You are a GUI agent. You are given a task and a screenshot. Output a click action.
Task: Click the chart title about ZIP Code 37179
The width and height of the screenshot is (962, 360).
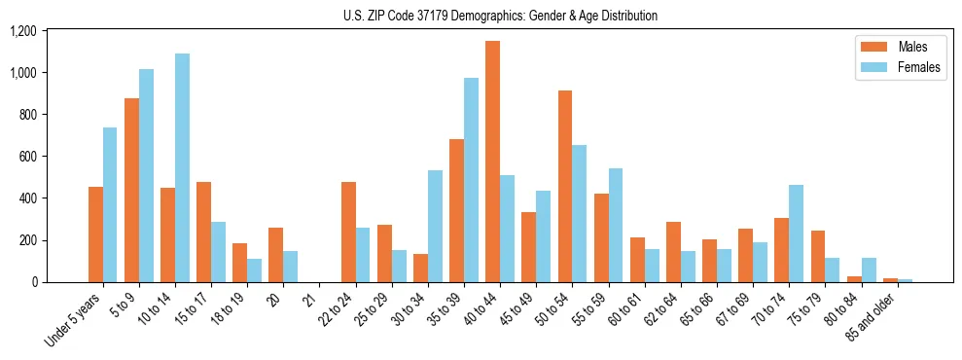pyautogui.click(x=500, y=16)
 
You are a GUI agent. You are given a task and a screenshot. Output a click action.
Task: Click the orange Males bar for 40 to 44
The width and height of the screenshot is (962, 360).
pyautogui.click(x=493, y=162)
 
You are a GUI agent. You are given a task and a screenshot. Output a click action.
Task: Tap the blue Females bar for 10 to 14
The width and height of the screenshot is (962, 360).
pyautogui.click(x=182, y=167)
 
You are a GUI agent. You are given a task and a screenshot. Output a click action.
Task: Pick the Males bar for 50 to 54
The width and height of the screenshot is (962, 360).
pyautogui.click(x=565, y=186)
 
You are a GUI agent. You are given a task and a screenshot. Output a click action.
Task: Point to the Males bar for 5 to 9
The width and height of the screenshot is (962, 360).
pyautogui.click(x=131, y=190)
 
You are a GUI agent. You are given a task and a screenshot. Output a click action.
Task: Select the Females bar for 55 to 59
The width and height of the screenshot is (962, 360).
pyautogui.click(x=616, y=225)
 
